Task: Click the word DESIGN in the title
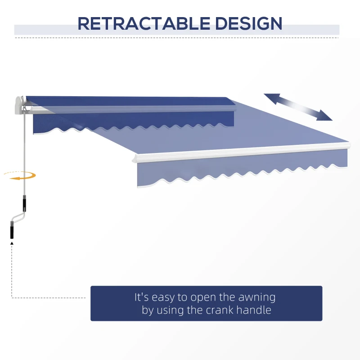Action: click(x=243, y=23)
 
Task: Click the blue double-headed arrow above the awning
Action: click(x=298, y=107)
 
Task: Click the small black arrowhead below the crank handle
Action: click(x=12, y=243)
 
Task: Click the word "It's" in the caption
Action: click(x=142, y=297)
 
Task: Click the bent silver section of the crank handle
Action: click(x=18, y=218)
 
